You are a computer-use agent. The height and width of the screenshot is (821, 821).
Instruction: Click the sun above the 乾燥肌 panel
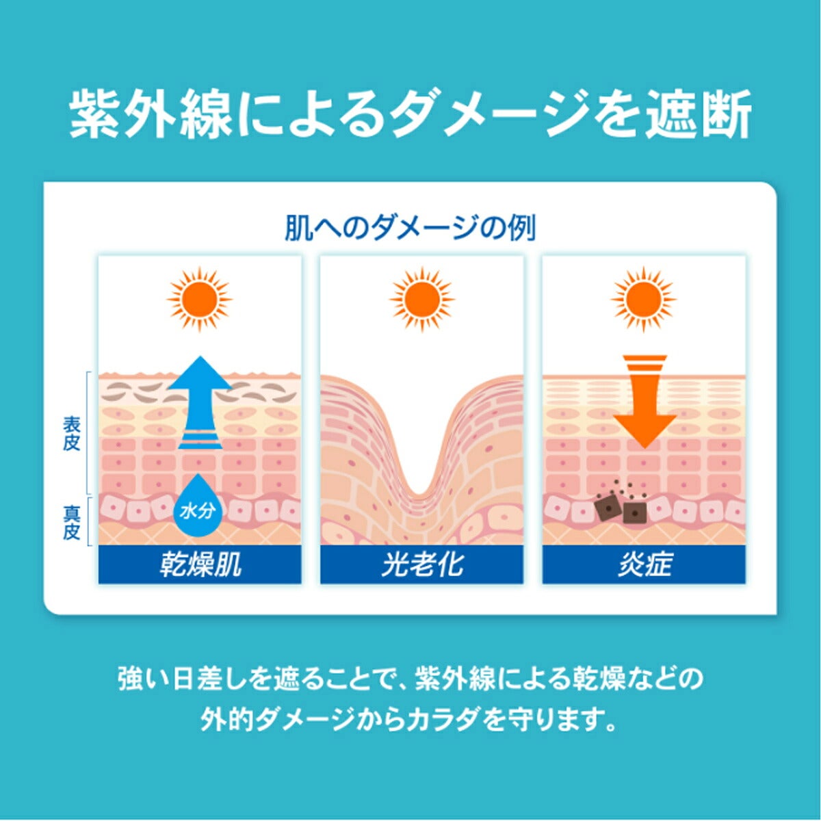point(199,299)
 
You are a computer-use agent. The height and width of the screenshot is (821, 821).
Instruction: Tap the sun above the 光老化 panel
point(422,299)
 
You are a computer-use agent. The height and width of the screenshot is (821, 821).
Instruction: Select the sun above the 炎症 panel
point(644,299)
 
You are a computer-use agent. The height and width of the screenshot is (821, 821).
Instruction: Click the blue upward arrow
point(200,402)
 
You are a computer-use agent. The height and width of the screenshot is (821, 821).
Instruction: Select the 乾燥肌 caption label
point(200,564)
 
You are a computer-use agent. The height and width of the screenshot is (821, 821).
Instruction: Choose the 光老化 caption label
point(422,564)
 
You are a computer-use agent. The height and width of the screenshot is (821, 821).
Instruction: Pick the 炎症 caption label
point(644,564)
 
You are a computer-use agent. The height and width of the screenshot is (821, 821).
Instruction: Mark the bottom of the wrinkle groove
point(419,494)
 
